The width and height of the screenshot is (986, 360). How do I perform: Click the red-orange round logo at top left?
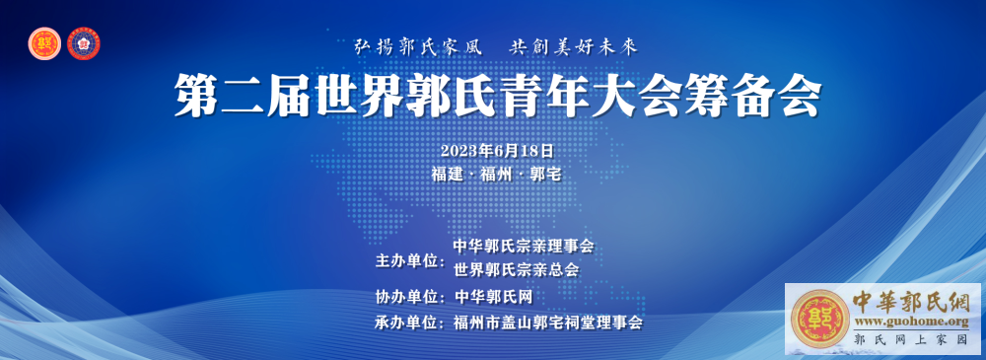tap(44, 44)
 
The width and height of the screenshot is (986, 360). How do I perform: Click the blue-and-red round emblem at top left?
tap(85, 44)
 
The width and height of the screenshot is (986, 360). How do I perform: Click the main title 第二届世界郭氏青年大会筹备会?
tap(498, 97)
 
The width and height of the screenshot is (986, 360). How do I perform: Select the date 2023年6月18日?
tap(497, 151)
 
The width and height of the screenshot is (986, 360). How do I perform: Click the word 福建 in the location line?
tap(447, 175)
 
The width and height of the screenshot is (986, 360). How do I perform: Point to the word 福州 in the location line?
tap(497, 175)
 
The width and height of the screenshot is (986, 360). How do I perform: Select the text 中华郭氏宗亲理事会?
tap(524, 246)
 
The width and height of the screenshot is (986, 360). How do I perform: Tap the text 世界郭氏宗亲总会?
tap(516, 269)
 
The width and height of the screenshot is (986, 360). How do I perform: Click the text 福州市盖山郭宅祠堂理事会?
tap(547, 323)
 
